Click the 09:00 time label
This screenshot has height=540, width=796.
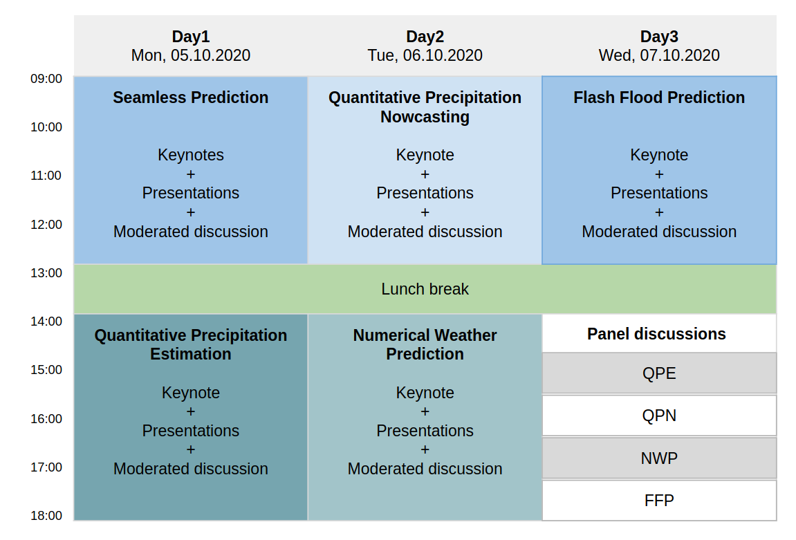tap(46, 79)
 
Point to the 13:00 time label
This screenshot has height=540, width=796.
tap(46, 273)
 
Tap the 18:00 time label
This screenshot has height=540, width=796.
tap(46, 516)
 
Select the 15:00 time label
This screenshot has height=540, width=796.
tap(46, 370)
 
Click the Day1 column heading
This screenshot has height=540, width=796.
tap(191, 37)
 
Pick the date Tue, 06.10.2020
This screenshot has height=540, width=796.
tap(425, 55)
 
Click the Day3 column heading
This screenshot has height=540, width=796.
tap(659, 37)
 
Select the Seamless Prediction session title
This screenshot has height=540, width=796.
tap(191, 97)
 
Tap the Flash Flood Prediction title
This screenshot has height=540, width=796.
tap(659, 97)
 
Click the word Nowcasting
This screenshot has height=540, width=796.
tap(425, 118)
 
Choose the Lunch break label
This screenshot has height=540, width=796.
tap(425, 289)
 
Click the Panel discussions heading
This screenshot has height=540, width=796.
tap(656, 334)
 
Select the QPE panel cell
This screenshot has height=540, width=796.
tap(660, 373)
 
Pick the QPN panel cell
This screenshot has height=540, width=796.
tap(660, 416)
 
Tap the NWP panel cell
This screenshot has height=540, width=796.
tap(660, 458)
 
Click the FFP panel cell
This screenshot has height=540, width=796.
tap(660, 501)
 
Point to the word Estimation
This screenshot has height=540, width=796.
tap(191, 354)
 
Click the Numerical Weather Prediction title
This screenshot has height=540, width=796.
tap(425, 344)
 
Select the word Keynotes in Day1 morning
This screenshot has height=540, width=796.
tap(191, 156)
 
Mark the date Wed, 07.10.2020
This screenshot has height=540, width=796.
tap(659, 55)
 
